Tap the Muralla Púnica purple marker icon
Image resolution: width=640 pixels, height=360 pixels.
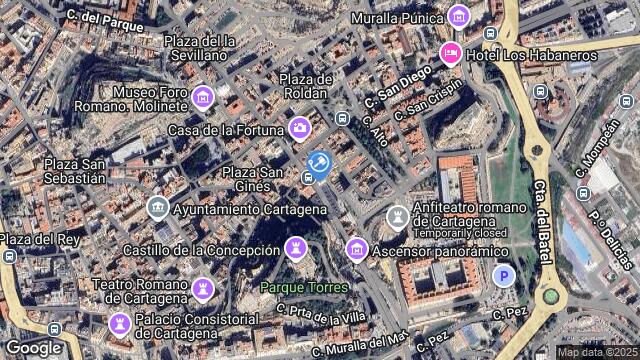coord(459,15)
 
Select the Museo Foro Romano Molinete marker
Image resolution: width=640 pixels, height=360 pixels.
coord(204,96)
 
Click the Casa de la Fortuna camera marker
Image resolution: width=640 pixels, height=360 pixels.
coord(299,127)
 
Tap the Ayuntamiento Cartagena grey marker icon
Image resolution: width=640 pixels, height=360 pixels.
coord(157,208)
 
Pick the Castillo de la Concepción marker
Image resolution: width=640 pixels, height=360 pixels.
coord(297,247)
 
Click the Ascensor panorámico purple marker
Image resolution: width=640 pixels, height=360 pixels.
coord(356,248)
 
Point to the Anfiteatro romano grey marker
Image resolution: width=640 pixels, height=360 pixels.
coord(398,216)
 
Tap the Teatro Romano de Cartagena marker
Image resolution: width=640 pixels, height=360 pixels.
coord(204,288)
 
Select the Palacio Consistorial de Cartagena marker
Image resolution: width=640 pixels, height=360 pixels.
coord(119,324)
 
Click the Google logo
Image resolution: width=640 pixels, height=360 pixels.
coord(33,347)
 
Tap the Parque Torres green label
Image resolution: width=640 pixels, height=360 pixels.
coord(304,288)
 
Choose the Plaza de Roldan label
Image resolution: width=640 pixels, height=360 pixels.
coord(305,86)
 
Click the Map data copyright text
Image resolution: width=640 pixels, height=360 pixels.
coord(595,352)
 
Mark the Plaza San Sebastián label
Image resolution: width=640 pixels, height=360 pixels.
coord(75,170)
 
